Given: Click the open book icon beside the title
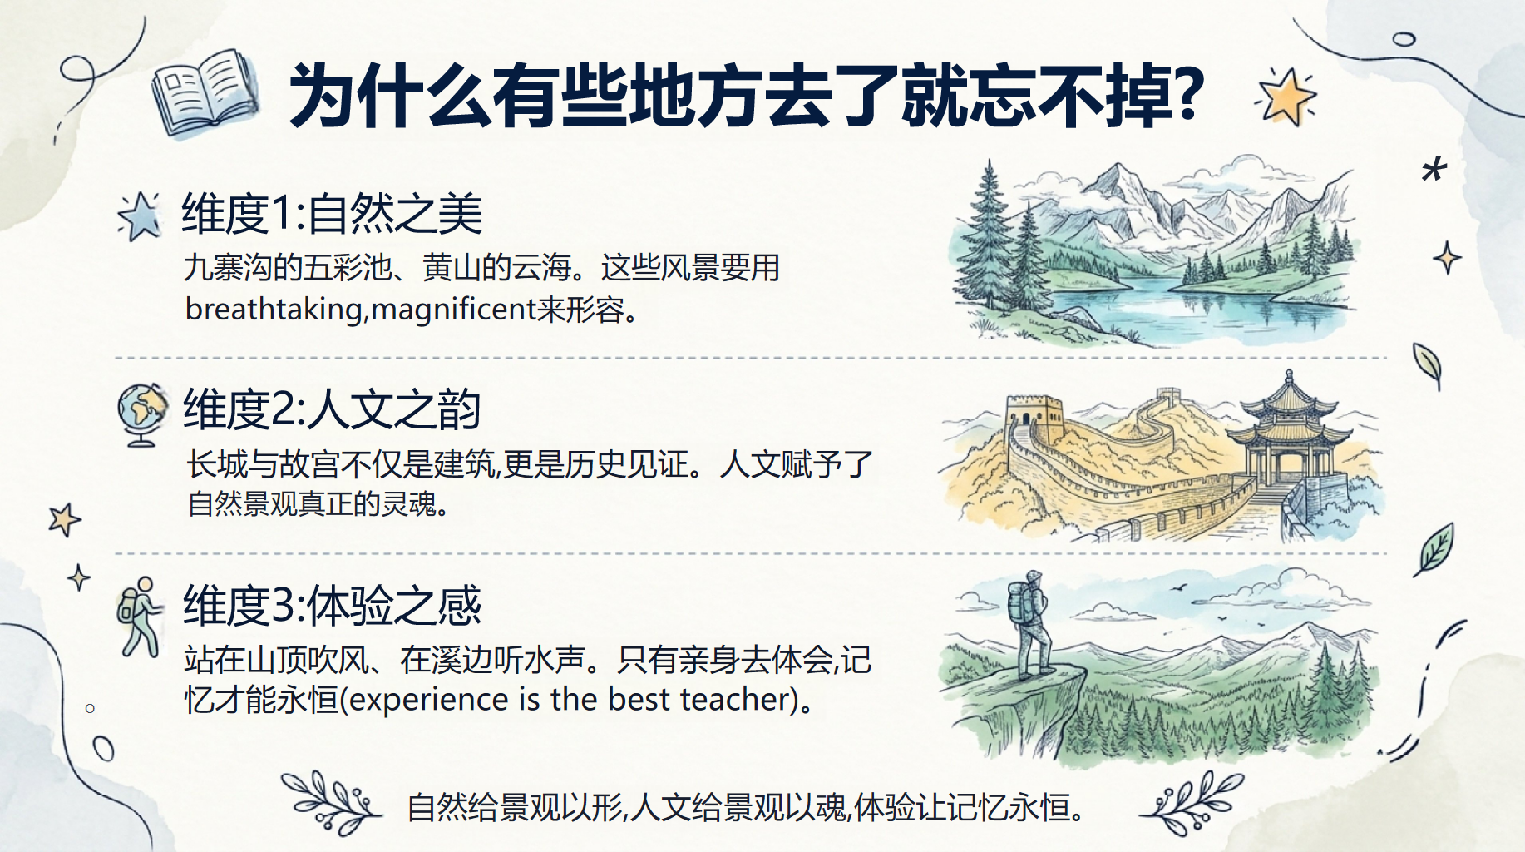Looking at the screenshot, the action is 205,92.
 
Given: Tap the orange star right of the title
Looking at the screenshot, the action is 1286,96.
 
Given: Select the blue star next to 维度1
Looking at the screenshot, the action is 140,216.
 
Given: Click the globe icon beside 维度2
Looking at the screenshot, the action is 141,414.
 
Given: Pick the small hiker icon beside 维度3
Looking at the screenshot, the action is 139,617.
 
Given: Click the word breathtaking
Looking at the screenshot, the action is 274,310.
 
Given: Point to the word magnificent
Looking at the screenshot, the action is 453,310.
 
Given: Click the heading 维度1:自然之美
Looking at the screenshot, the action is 332,214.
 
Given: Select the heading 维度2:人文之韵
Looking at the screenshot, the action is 332,409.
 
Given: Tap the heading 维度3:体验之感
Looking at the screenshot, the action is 332,605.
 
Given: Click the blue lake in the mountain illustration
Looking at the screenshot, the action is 1197,303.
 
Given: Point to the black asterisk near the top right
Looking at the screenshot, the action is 1434,169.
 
